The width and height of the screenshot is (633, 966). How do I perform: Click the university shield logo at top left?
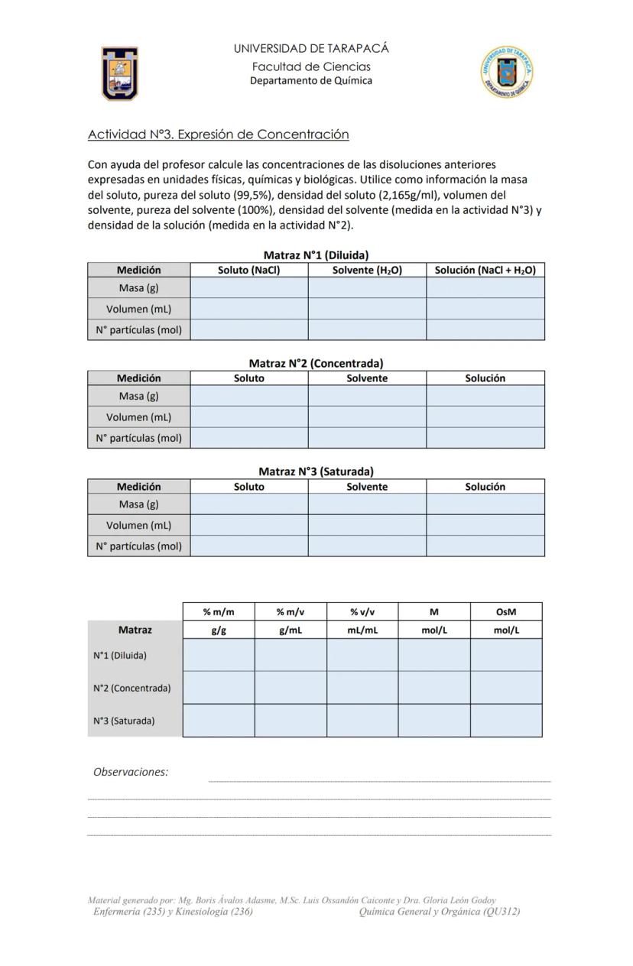coord(120,73)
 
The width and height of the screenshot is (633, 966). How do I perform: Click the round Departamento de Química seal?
coord(506,72)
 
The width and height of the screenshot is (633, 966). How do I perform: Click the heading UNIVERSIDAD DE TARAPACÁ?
coord(311,48)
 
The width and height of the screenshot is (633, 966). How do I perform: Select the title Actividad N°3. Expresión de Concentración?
coord(218,135)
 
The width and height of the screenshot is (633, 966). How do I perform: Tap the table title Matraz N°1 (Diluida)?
coord(316,255)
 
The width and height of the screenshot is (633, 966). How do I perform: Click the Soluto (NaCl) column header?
coord(248,270)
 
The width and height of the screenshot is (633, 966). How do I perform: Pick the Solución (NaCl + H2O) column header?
coord(485,270)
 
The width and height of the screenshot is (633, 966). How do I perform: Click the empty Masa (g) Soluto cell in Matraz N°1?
coord(248,288)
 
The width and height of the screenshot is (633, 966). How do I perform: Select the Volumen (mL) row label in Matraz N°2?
coord(138,417)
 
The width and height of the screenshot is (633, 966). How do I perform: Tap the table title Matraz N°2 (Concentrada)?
coord(316,363)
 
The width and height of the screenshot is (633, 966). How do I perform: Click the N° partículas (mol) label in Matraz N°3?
coord(138,546)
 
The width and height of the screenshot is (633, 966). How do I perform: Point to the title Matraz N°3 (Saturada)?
coord(316,472)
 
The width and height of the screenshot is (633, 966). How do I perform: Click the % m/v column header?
coord(290,611)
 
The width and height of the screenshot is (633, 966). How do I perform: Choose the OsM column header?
coord(505,611)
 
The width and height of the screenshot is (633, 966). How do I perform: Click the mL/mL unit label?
coord(362,630)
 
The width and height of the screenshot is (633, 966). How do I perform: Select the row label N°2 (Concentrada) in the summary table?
coord(131,688)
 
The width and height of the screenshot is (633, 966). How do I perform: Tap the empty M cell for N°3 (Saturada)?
coord(433,721)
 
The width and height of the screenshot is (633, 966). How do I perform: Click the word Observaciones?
coord(131,772)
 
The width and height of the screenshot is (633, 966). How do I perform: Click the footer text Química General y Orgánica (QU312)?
coord(439,911)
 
